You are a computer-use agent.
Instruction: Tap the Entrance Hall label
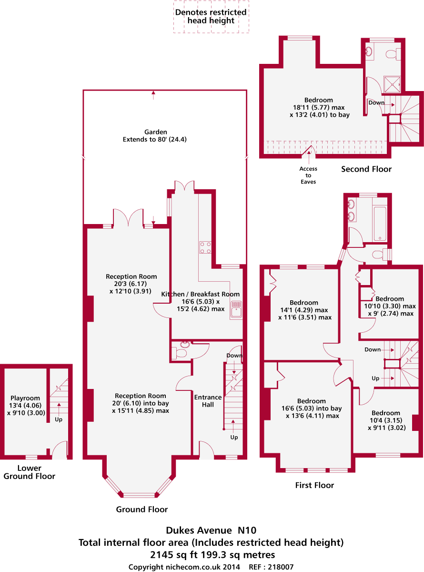(x=208, y=401)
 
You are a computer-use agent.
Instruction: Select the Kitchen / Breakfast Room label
(x=201, y=294)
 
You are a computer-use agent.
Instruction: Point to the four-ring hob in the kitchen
(x=205, y=247)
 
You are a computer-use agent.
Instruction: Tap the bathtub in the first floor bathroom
(x=380, y=223)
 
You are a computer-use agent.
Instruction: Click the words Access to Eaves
(x=308, y=175)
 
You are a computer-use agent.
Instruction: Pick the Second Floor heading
(x=366, y=169)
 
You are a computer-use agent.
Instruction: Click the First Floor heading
(x=314, y=485)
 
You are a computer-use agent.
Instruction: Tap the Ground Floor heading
(x=142, y=510)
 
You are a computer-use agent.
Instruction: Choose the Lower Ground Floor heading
(x=30, y=472)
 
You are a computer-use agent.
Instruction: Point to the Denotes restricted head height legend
(x=211, y=16)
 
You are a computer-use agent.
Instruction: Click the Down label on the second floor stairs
(x=376, y=102)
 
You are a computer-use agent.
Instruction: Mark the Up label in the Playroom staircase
(x=59, y=420)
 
